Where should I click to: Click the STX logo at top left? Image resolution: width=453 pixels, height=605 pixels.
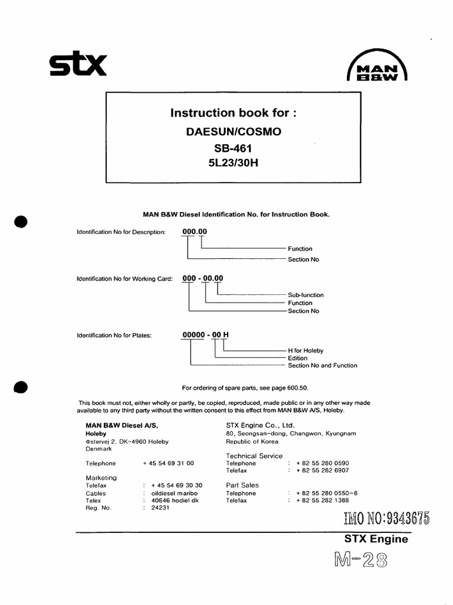coord(77,66)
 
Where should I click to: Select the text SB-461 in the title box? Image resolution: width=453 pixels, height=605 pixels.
coord(233,148)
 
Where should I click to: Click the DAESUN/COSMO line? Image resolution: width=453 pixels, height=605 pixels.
coord(233,131)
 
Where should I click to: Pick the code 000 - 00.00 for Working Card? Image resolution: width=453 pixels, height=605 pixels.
coord(202,278)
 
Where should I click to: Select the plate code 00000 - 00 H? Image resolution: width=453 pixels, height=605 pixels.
coord(205,335)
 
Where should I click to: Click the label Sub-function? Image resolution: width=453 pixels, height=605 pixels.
coord(306,295)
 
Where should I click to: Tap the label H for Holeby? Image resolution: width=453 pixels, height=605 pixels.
coord(306,350)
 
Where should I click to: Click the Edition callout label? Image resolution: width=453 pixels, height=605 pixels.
coord(297,358)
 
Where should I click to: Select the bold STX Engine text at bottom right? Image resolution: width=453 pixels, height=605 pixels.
coord(376,539)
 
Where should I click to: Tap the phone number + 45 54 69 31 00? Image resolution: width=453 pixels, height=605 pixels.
coord(168,464)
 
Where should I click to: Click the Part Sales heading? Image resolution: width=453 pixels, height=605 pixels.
coord(242,485)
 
